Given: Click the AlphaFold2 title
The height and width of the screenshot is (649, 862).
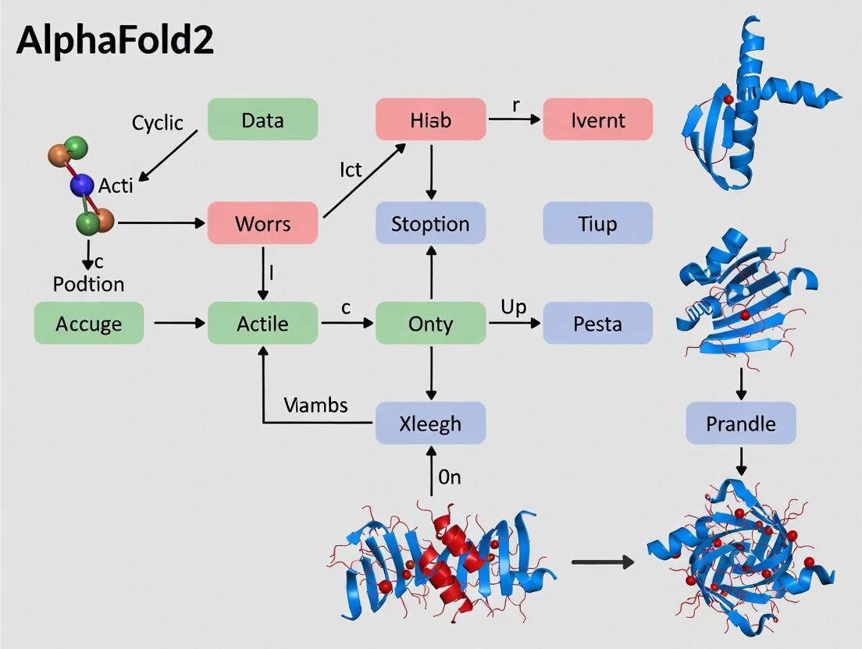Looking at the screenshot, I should pyautogui.click(x=115, y=41).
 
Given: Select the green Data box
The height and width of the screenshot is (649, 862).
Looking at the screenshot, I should pyautogui.click(x=262, y=119).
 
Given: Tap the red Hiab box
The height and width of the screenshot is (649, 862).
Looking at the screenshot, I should pyautogui.click(x=430, y=119).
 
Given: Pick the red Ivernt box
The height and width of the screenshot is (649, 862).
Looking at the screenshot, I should pyautogui.click(x=597, y=119).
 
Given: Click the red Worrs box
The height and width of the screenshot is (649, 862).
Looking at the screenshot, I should pyautogui.click(x=262, y=223).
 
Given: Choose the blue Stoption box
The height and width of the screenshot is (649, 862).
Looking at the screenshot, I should pyautogui.click(x=430, y=223).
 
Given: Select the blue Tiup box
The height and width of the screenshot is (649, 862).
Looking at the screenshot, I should pyautogui.click(x=597, y=223).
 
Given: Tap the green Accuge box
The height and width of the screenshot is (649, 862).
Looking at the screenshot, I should pyautogui.click(x=89, y=322).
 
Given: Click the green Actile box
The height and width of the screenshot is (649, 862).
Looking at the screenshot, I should pyautogui.click(x=262, y=322).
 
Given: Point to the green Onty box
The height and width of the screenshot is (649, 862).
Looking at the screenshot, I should pyautogui.click(x=430, y=322).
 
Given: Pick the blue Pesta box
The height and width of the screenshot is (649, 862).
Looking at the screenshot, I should pyautogui.click(x=597, y=322).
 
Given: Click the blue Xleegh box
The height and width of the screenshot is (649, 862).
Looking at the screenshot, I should pyautogui.click(x=430, y=424).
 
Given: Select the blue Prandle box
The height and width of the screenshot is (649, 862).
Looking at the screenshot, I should pyautogui.click(x=741, y=424).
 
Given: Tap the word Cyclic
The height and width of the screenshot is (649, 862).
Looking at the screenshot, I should pyautogui.click(x=157, y=122).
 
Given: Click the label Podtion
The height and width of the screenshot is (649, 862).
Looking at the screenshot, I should pyautogui.click(x=88, y=284).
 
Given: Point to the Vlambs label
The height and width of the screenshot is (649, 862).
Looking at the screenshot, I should pyautogui.click(x=316, y=405).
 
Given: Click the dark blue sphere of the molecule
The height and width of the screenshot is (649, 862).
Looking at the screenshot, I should pyautogui.click(x=82, y=186).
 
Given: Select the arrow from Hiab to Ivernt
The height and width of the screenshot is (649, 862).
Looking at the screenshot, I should pyautogui.click(x=514, y=119).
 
